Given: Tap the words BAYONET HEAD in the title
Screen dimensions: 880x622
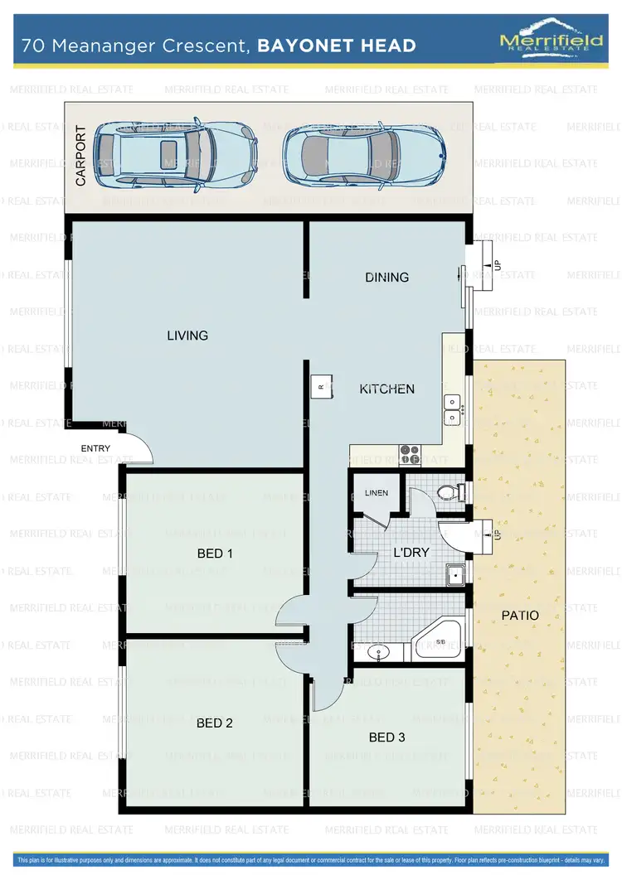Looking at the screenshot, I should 337,45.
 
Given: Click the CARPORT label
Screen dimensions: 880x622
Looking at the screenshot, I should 80,155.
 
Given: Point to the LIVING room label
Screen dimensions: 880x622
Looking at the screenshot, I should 187,336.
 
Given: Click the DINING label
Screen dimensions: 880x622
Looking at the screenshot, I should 386,277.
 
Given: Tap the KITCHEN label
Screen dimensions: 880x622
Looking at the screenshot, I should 386,389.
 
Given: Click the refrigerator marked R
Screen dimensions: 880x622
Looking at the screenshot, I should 322,386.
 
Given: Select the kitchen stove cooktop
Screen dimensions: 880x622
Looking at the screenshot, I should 410,453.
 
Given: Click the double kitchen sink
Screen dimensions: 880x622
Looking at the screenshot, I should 453,409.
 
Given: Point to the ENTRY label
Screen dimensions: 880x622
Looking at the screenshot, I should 95,448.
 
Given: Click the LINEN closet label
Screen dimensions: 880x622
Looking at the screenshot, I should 376,493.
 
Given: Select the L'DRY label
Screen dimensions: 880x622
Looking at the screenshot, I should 411,552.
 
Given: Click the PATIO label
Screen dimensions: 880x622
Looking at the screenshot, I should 520,616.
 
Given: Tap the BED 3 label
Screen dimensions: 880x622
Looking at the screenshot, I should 386,737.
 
